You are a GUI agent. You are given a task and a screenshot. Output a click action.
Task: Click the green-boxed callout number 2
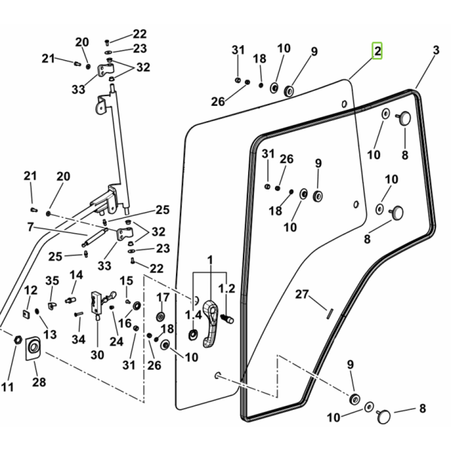(x=377, y=51)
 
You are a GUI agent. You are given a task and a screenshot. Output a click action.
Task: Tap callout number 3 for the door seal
(x=436, y=50)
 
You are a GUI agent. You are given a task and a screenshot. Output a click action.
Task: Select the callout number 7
(x=31, y=227)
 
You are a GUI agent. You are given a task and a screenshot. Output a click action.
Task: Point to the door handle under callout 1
(x=210, y=323)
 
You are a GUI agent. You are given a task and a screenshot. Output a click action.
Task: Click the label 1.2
(x=227, y=289)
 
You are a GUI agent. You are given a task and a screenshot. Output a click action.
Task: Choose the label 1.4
(x=194, y=315)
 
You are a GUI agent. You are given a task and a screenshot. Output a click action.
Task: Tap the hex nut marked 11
(x=18, y=340)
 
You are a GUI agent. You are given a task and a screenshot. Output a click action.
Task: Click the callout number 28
(x=39, y=383)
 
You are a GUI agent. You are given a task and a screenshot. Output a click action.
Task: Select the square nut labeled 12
(x=26, y=313)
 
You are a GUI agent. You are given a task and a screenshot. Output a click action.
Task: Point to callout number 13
(x=50, y=334)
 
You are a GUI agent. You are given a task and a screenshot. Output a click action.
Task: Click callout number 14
(x=76, y=275)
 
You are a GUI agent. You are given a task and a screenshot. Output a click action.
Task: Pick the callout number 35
(x=52, y=280)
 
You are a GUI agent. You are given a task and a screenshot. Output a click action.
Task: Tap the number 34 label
(x=78, y=340)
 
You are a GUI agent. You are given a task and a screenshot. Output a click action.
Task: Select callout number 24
(x=117, y=342)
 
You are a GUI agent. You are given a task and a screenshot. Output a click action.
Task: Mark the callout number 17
(x=163, y=297)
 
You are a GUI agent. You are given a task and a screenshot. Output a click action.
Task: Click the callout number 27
(x=301, y=294)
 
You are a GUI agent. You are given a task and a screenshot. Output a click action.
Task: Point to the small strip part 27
(x=330, y=313)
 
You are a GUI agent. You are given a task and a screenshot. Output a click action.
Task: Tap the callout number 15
(x=126, y=280)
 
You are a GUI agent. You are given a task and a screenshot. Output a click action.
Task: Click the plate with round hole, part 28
(x=33, y=348)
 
